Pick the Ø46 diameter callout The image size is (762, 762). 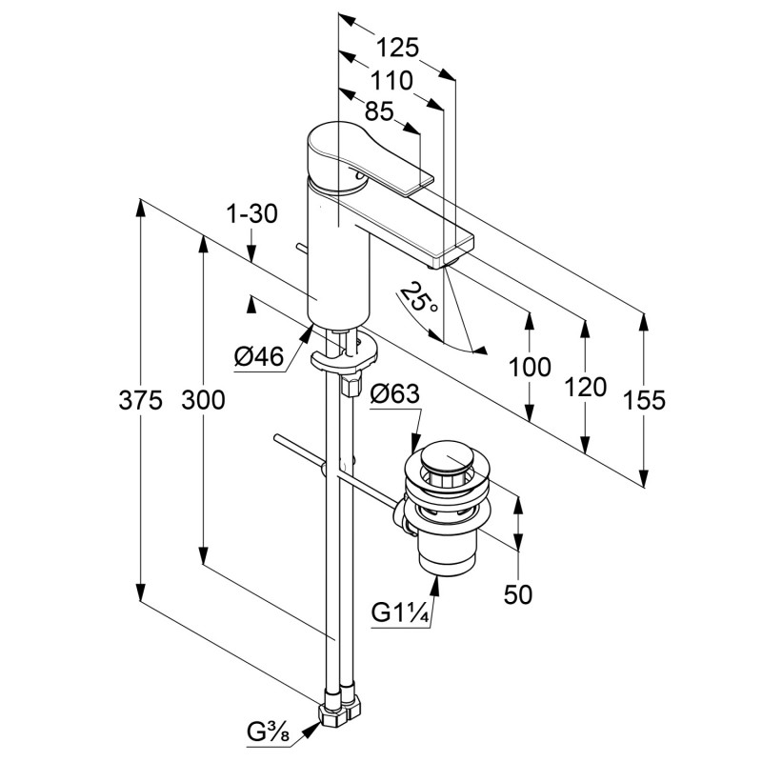click(259, 357)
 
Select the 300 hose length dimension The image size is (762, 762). click(204, 400)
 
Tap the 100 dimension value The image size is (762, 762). click(529, 366)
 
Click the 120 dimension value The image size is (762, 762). click(585, 387)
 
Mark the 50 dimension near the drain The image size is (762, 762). click(517, 594)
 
